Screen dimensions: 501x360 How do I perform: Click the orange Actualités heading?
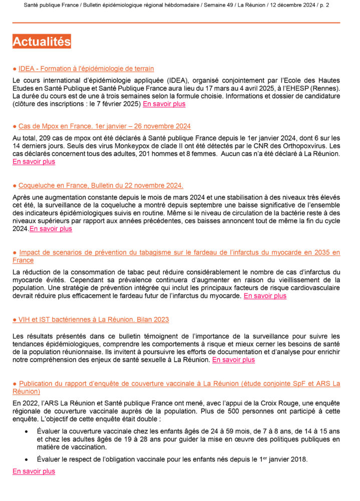[x=42, y=41]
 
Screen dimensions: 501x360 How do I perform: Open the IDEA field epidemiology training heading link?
[x=86, y=69]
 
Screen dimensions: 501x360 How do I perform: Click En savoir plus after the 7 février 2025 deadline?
[x=164, y=104]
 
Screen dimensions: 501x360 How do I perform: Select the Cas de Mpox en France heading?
[x=104, y=126]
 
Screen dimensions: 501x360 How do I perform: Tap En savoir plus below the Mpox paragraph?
[x=34, y=162]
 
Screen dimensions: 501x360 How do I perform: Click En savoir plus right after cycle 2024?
[x=51, y=229]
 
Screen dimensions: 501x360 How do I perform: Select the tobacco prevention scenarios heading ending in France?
[x=176, y=253]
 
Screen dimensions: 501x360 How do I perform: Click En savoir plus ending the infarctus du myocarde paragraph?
[x=265, y=296]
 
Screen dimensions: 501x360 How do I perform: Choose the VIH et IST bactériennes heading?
[x=93, y=320]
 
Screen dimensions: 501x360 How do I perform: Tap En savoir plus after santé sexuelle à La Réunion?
[x=233, y=360]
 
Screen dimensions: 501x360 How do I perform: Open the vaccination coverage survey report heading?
[x=176, y=384]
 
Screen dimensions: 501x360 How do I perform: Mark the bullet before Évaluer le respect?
[x=26, y=460]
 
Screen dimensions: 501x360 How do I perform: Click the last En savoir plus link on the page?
[x=34, y=471]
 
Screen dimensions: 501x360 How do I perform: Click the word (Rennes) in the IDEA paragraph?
[x=324, y=88]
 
